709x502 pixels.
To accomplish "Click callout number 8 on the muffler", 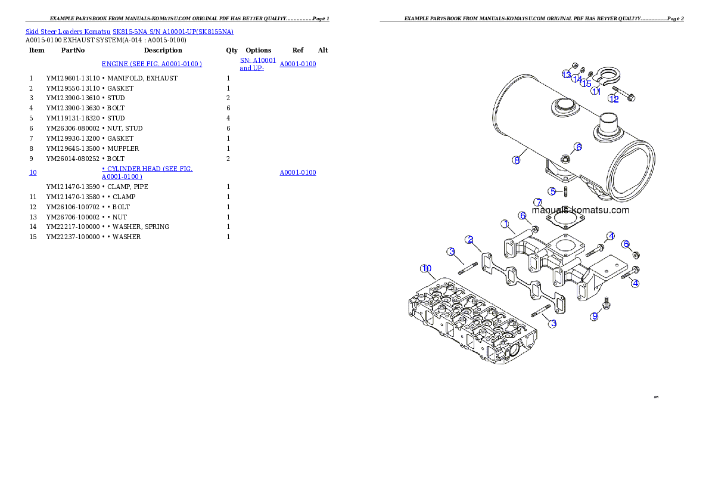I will point(517,160).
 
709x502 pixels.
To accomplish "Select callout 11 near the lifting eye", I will point(595,91).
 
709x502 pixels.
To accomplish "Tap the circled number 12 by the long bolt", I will point(614,99).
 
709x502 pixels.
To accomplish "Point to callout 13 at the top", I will point(567,74).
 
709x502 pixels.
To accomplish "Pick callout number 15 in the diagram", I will point(586,83).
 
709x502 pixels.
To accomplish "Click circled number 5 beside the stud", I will point(553,191).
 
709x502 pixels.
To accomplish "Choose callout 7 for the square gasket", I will point(537,203).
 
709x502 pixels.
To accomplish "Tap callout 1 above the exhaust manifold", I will point(505,224).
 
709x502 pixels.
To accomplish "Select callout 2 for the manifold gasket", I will point(470,240).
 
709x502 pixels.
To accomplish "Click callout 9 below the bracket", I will point(594,317).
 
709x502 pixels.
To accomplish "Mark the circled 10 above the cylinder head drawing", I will point(426,268).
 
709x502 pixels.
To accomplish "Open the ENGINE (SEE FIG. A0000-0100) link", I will point(152,64).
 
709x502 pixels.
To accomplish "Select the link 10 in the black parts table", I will point(33,173).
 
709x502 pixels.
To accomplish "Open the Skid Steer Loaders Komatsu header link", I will point(129,32).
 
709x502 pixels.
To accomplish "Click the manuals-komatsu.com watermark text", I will point(580,210).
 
